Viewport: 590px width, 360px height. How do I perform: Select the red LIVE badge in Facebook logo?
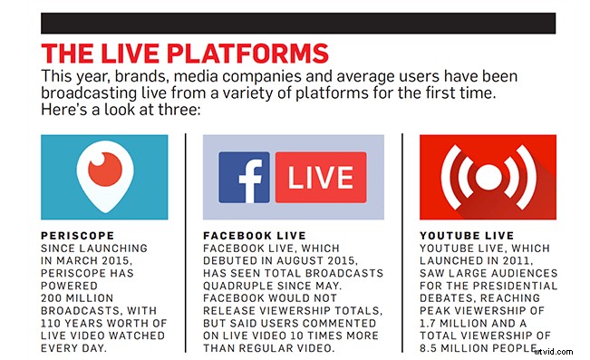pos(320,177)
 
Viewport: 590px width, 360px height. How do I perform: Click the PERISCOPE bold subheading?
pos(76,234)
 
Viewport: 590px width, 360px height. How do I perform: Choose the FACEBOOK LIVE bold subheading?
pos(252,234)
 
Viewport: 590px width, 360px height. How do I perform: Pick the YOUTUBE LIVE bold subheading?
pos(462,234)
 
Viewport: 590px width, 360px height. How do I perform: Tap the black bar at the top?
pos(298,23)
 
